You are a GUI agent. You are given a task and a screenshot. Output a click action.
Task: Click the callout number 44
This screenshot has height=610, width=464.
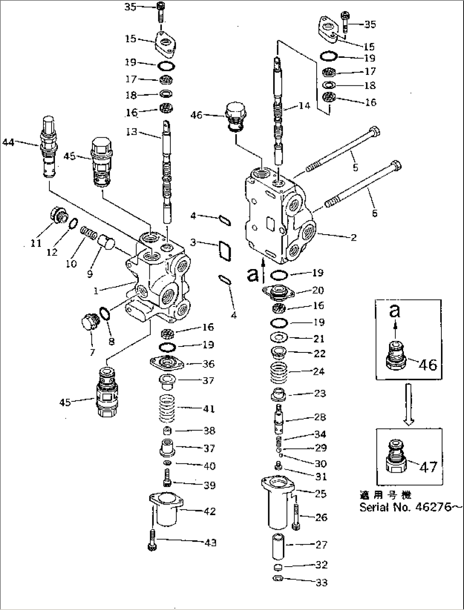coord(9,143)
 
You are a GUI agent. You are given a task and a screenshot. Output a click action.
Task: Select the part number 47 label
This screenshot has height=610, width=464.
coord(428,467)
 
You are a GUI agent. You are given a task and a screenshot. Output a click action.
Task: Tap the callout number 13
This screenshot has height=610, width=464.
coord(132,132)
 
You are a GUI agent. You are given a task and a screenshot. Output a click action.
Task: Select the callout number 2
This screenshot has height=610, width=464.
coord(353,238)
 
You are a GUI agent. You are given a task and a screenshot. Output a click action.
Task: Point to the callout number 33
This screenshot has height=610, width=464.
coord(322,582)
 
